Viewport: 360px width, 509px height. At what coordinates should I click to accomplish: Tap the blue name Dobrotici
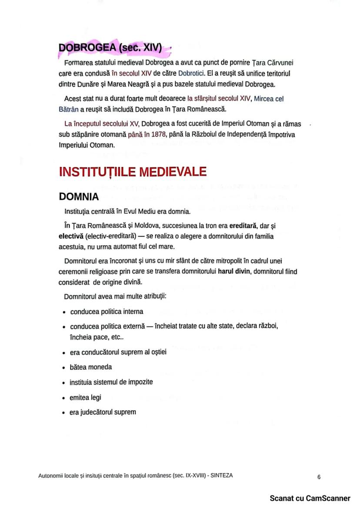pyautogui.click(x=192, y=73)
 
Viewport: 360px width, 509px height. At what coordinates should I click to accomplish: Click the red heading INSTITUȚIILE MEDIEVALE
pyautogui.click(x=133, y=171)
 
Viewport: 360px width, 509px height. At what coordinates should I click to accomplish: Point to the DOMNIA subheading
pyautogui.click(x=79, y=197)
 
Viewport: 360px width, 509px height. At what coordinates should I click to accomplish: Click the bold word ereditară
pyautogui.click(x=242, y=226)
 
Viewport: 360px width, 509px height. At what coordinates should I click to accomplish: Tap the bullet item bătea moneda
pyautogui.click(x=90, y=367)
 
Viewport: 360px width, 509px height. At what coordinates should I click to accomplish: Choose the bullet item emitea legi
pyautogui.click(x=85, y=397)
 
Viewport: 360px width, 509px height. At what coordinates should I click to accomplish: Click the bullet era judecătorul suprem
pyautogui.click(x=103, y=412)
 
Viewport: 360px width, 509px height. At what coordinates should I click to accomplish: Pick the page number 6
pyautogui.click(x=319, y=477)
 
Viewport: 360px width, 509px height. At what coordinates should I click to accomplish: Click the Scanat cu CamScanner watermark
pyautogui.click(x=310, y=498)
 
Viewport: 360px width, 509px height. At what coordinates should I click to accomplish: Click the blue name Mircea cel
pyautogui.click(x=269, y=99)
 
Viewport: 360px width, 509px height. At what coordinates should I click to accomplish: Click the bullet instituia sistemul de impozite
pyautogui.click(x=111, y=382)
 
